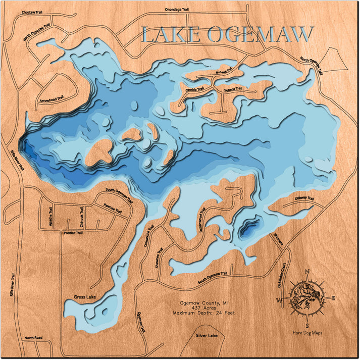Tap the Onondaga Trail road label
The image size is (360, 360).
[177, 9]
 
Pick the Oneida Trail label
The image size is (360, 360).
[194, 89]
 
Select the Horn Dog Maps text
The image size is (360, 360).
[307, 333]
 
